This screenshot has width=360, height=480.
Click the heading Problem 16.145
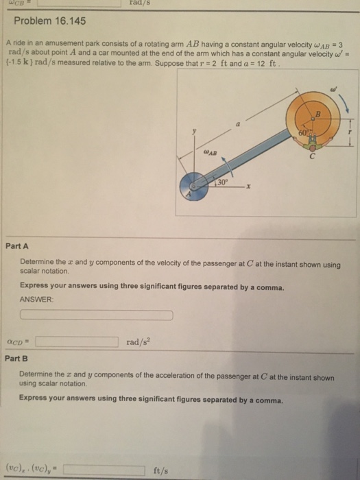[x=50, y=21]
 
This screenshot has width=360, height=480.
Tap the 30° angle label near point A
[x=223, y=182]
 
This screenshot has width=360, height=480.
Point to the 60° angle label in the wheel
[x=303, y=132]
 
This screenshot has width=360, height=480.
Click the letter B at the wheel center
[x=317, y=115]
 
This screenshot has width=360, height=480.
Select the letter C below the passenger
[x=312, y=157]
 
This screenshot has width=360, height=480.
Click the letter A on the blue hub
[x=189, y=194]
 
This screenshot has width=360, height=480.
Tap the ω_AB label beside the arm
[x=211, y=152]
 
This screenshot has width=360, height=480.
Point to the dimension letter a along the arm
[x=238, y=125]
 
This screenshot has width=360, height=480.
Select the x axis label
[x=249, y=186]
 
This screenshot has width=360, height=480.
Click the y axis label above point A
[x=194, y=132]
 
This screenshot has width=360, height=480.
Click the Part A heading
[x=17, y=246]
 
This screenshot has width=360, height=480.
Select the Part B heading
[x=16, y=358]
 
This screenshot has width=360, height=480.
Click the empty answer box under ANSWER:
[x=97, y=315]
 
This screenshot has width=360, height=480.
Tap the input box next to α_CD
[x=77, y=342]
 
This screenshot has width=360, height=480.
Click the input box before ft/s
[x=104, y=470]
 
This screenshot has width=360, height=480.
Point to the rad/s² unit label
[x=139, y=342]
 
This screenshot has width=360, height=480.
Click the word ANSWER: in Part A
[x=36, y=300]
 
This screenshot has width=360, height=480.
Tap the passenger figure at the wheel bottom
[x=312, y=143]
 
